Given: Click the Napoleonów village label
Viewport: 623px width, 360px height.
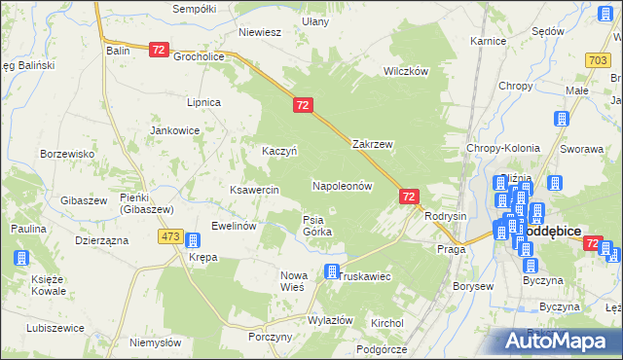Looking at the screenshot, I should tap(342, 185).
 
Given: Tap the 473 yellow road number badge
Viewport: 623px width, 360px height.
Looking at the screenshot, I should tap(171, 236).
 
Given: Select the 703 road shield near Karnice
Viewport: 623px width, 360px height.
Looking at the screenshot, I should tap(599, 60).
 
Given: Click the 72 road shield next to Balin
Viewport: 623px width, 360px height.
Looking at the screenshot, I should tap(160, 49).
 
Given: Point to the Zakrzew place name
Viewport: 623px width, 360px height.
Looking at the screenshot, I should tap(372, 144).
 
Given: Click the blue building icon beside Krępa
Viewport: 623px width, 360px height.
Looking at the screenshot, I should tap(193, 240).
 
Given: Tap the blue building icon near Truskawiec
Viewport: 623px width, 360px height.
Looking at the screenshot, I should tap(333, 271).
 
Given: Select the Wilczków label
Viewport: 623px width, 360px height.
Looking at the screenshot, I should tap(406, 72).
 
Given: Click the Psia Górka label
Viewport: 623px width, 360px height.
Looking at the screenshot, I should tap(317, 226).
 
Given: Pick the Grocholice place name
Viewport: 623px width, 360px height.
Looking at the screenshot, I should tap(200, 56).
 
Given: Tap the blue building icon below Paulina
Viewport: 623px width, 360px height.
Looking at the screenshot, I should tap(21, 258).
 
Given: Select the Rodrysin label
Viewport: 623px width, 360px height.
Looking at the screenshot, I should tap(447, 216).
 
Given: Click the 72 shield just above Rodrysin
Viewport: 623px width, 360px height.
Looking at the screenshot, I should tap(409, 197).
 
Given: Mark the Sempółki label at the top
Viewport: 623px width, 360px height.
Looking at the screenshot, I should tap(192, 8).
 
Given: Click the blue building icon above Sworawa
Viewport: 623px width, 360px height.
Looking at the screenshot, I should tap(561, 120).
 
